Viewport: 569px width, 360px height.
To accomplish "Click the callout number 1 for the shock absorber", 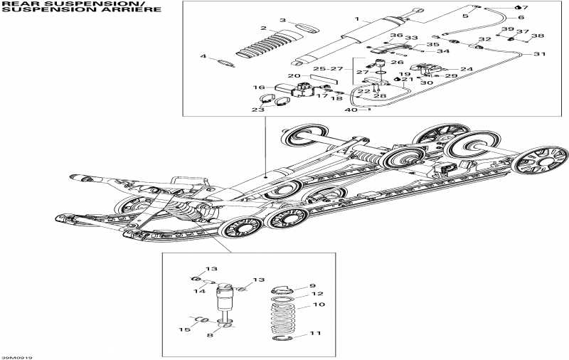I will pyautogui.click(x=358, y=18).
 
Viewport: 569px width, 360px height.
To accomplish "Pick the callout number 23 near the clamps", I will pyautogui.click(x=257, y=110).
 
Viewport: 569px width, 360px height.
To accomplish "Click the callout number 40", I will pyautogui.click(x=349, y=110).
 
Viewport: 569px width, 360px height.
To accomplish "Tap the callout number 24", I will pyautogui.click(x=467, y=69).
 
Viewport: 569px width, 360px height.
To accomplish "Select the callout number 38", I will pyautogui.click(x=538, y=36).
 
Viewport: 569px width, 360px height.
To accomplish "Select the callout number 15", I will pyautogui.click(x=184, y=329).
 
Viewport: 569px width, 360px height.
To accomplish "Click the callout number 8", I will pyautogui.click(x=208, y=334).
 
